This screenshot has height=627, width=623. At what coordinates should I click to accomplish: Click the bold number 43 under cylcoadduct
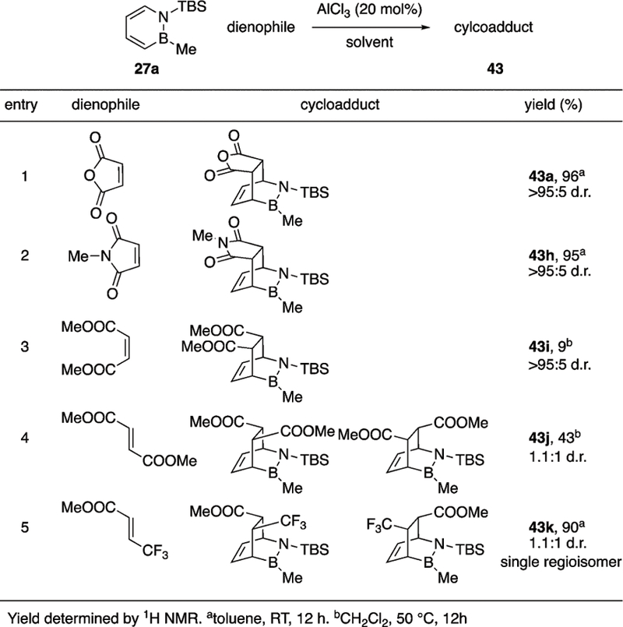click(491, 68)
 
